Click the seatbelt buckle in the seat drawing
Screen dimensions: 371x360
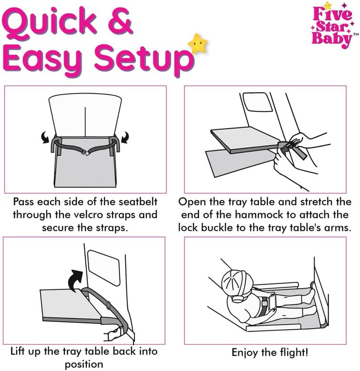85,153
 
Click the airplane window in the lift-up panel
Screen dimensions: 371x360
101,267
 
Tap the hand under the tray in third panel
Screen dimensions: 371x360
112,333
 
